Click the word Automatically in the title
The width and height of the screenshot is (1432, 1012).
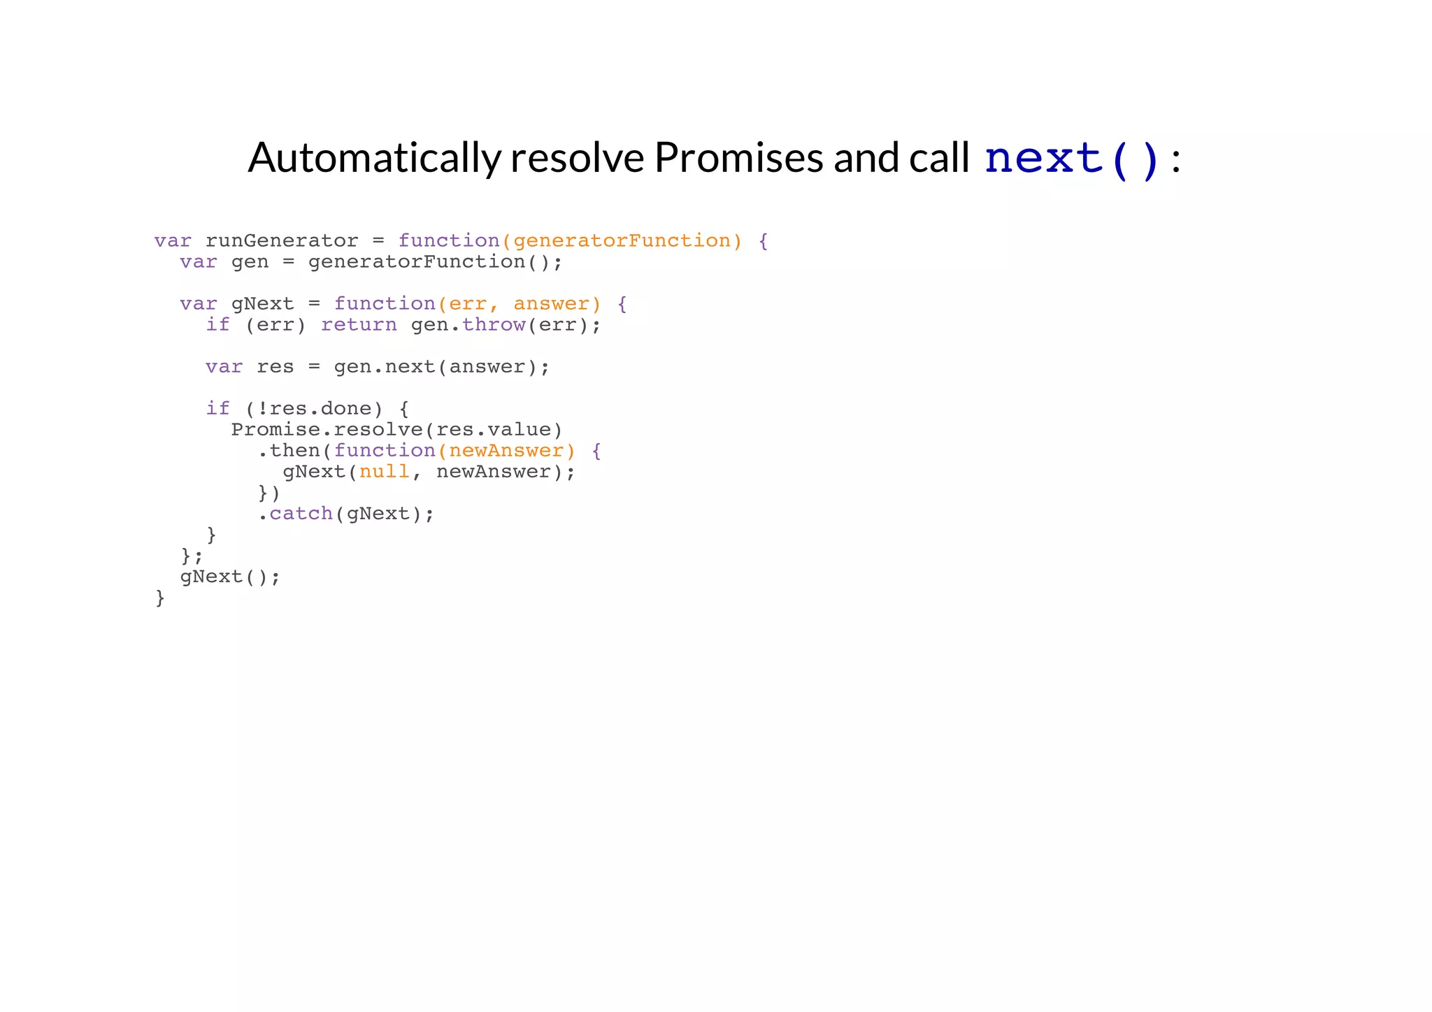[x=375, y=158]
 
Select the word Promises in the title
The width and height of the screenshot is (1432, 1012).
[x=740, y=158]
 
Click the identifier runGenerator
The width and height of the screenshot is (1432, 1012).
[x=281, y=241]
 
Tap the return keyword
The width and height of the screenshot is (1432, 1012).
[x=359, y=325]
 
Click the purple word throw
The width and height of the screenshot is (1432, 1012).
[x=494, y=325]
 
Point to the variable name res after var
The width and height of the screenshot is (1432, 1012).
[x=275, y=367]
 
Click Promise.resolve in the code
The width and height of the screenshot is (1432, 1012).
[x=327, y=430]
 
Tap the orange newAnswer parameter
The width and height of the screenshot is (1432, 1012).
[x=506, y=451]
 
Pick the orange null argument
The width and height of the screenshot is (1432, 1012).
[x=384, y=472]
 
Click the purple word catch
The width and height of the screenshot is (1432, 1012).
[x=301, y=514]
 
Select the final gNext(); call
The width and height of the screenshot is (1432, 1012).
[x=229, y=577]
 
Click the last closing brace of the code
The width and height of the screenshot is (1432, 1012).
[x=160, y=598]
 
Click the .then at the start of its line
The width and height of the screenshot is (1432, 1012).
[x=289, y=451]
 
